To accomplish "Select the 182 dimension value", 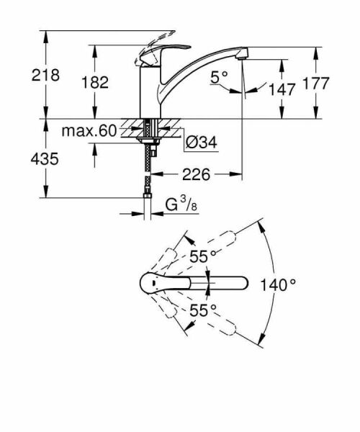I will coord(94,82).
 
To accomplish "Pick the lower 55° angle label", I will coord(203,311).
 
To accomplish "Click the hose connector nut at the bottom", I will coord(148,197).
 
